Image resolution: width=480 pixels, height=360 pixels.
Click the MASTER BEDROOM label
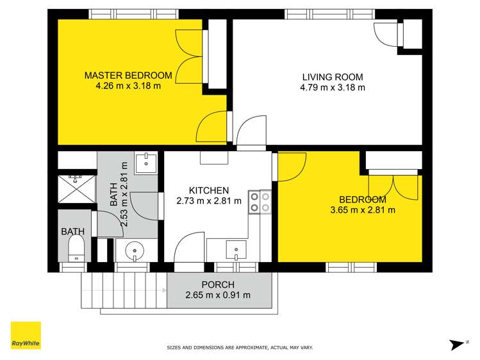[x=128, y=76]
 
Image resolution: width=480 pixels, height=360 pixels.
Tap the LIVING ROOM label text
[x=333, y=76]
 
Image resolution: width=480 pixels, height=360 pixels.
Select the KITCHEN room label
[x=208, y=190]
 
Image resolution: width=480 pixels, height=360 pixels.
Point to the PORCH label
[x=218, y=284]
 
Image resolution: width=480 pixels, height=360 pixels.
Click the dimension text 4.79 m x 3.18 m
[x=333, y=87]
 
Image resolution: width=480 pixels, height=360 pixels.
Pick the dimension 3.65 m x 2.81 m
[x=362, y=209]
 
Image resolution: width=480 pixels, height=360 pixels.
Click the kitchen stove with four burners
[x=260, y=202]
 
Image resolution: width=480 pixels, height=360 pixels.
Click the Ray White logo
[x=26, y=335]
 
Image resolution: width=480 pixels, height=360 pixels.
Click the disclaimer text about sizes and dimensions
[x=240, y=348]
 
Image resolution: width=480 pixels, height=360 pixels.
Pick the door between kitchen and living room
[x=251, y=133]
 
